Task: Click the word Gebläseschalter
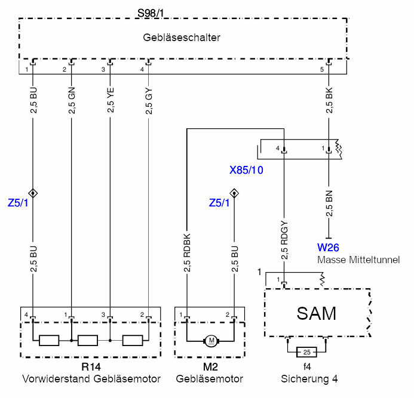[x=182, y=38]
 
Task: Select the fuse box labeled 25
[x=306, y=351]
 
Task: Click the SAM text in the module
[x=317, y=313]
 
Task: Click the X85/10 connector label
[x=247, y=169]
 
